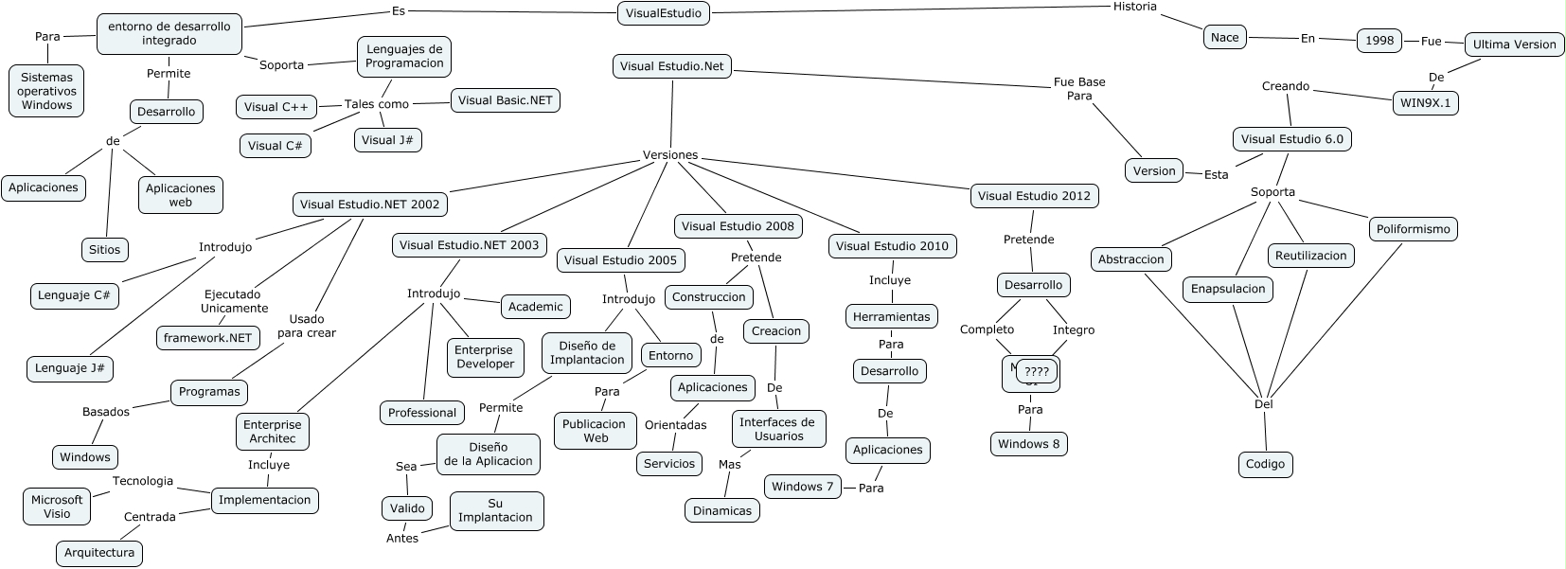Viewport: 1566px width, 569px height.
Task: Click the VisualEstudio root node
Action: [664, 13]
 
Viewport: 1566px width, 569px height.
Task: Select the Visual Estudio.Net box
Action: [672, 66]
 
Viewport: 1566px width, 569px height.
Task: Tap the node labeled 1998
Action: [1379, 40]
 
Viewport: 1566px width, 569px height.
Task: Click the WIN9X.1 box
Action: [1425, 103]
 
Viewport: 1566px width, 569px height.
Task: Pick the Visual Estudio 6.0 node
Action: [1291, 138]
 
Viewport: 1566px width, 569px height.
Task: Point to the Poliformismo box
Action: [1413, 229]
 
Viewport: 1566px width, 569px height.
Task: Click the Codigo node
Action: [1265, 464]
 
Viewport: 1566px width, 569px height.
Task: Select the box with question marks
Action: [1036, 372]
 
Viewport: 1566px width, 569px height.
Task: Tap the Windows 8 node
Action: [1029, 444]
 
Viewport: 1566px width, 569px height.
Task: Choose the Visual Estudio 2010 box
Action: [892, 246]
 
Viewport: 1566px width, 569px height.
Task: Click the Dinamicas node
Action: [721, 511]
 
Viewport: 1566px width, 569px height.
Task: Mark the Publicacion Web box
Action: [595, 431]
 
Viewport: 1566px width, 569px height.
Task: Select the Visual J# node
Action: [387, 140]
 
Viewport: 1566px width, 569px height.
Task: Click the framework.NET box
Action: [207, 338]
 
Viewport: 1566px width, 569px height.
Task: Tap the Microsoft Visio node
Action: [57, 507]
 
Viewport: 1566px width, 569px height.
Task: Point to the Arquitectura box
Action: [98, 553]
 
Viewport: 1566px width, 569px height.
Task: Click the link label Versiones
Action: [670, 155]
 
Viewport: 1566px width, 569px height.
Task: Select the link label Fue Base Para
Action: [1079, 89]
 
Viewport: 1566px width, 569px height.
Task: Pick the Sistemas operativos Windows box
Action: [46, 91]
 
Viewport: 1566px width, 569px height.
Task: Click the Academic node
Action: [535, 306]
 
